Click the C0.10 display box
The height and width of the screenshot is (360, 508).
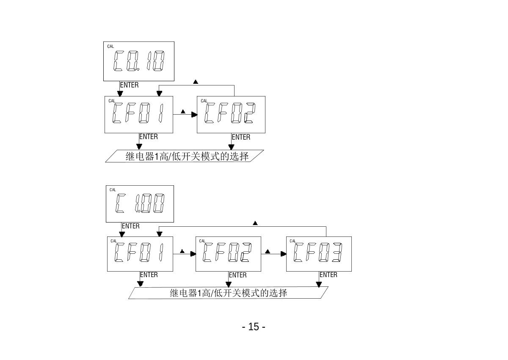click(x=139, y=61)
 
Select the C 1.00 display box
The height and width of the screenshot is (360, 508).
click(x=140, y=204)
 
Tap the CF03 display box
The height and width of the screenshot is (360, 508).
click(x=319, y=254)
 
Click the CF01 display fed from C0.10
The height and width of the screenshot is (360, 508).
click(x=139, y=115)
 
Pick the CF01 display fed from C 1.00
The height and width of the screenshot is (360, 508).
click(x=140, y=254)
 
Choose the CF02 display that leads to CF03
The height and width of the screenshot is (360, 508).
click(x=228, y=254)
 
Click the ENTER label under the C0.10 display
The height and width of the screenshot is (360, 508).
click(x=129, y=85)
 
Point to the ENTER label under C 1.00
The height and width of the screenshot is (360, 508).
click(x=130, y=226)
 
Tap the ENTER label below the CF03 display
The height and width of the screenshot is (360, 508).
click(x=329, y=275)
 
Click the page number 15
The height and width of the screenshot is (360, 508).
click(x=254, y=327)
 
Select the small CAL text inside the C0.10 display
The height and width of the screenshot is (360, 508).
click(x=110, y=46)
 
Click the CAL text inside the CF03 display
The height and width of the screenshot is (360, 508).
click(x=293, y=241)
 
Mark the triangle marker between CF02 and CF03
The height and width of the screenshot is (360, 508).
click(x=268, y=251)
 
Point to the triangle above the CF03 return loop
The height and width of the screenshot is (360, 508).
click(x=255, y=223)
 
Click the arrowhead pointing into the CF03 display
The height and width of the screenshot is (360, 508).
click(x=284, y=254)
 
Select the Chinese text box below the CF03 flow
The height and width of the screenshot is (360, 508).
click(x=228, y=293)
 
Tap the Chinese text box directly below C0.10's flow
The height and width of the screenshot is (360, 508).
click(x=185, y=156)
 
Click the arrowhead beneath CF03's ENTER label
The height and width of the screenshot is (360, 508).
click(x=319, y=284)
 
